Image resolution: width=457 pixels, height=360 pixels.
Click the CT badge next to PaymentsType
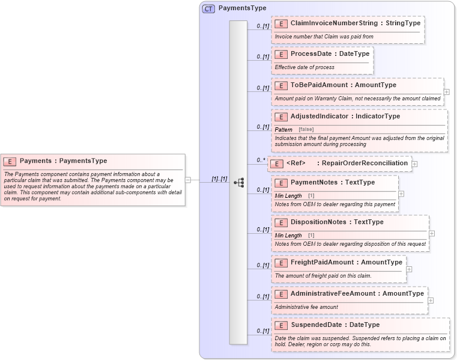[208, 8]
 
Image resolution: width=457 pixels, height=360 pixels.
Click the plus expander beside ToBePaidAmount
[446, 92]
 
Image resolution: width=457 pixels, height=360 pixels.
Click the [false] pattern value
[306, 129]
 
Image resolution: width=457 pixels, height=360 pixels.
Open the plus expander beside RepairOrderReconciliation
[414, 163]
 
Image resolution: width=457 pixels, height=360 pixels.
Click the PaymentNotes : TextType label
[332, 183]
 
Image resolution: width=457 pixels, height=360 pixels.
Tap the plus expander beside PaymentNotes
[401, 194]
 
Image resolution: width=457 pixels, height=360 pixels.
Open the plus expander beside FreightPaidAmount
[409, 269]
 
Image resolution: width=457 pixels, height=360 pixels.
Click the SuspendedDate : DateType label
[334, 325]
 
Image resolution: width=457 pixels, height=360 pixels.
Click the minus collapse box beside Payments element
[188, 179]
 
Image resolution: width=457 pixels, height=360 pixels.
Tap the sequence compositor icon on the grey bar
[238, 182]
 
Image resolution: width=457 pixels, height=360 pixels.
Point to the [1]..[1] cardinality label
[219, 178]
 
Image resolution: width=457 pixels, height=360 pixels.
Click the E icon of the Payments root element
[10, 161]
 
